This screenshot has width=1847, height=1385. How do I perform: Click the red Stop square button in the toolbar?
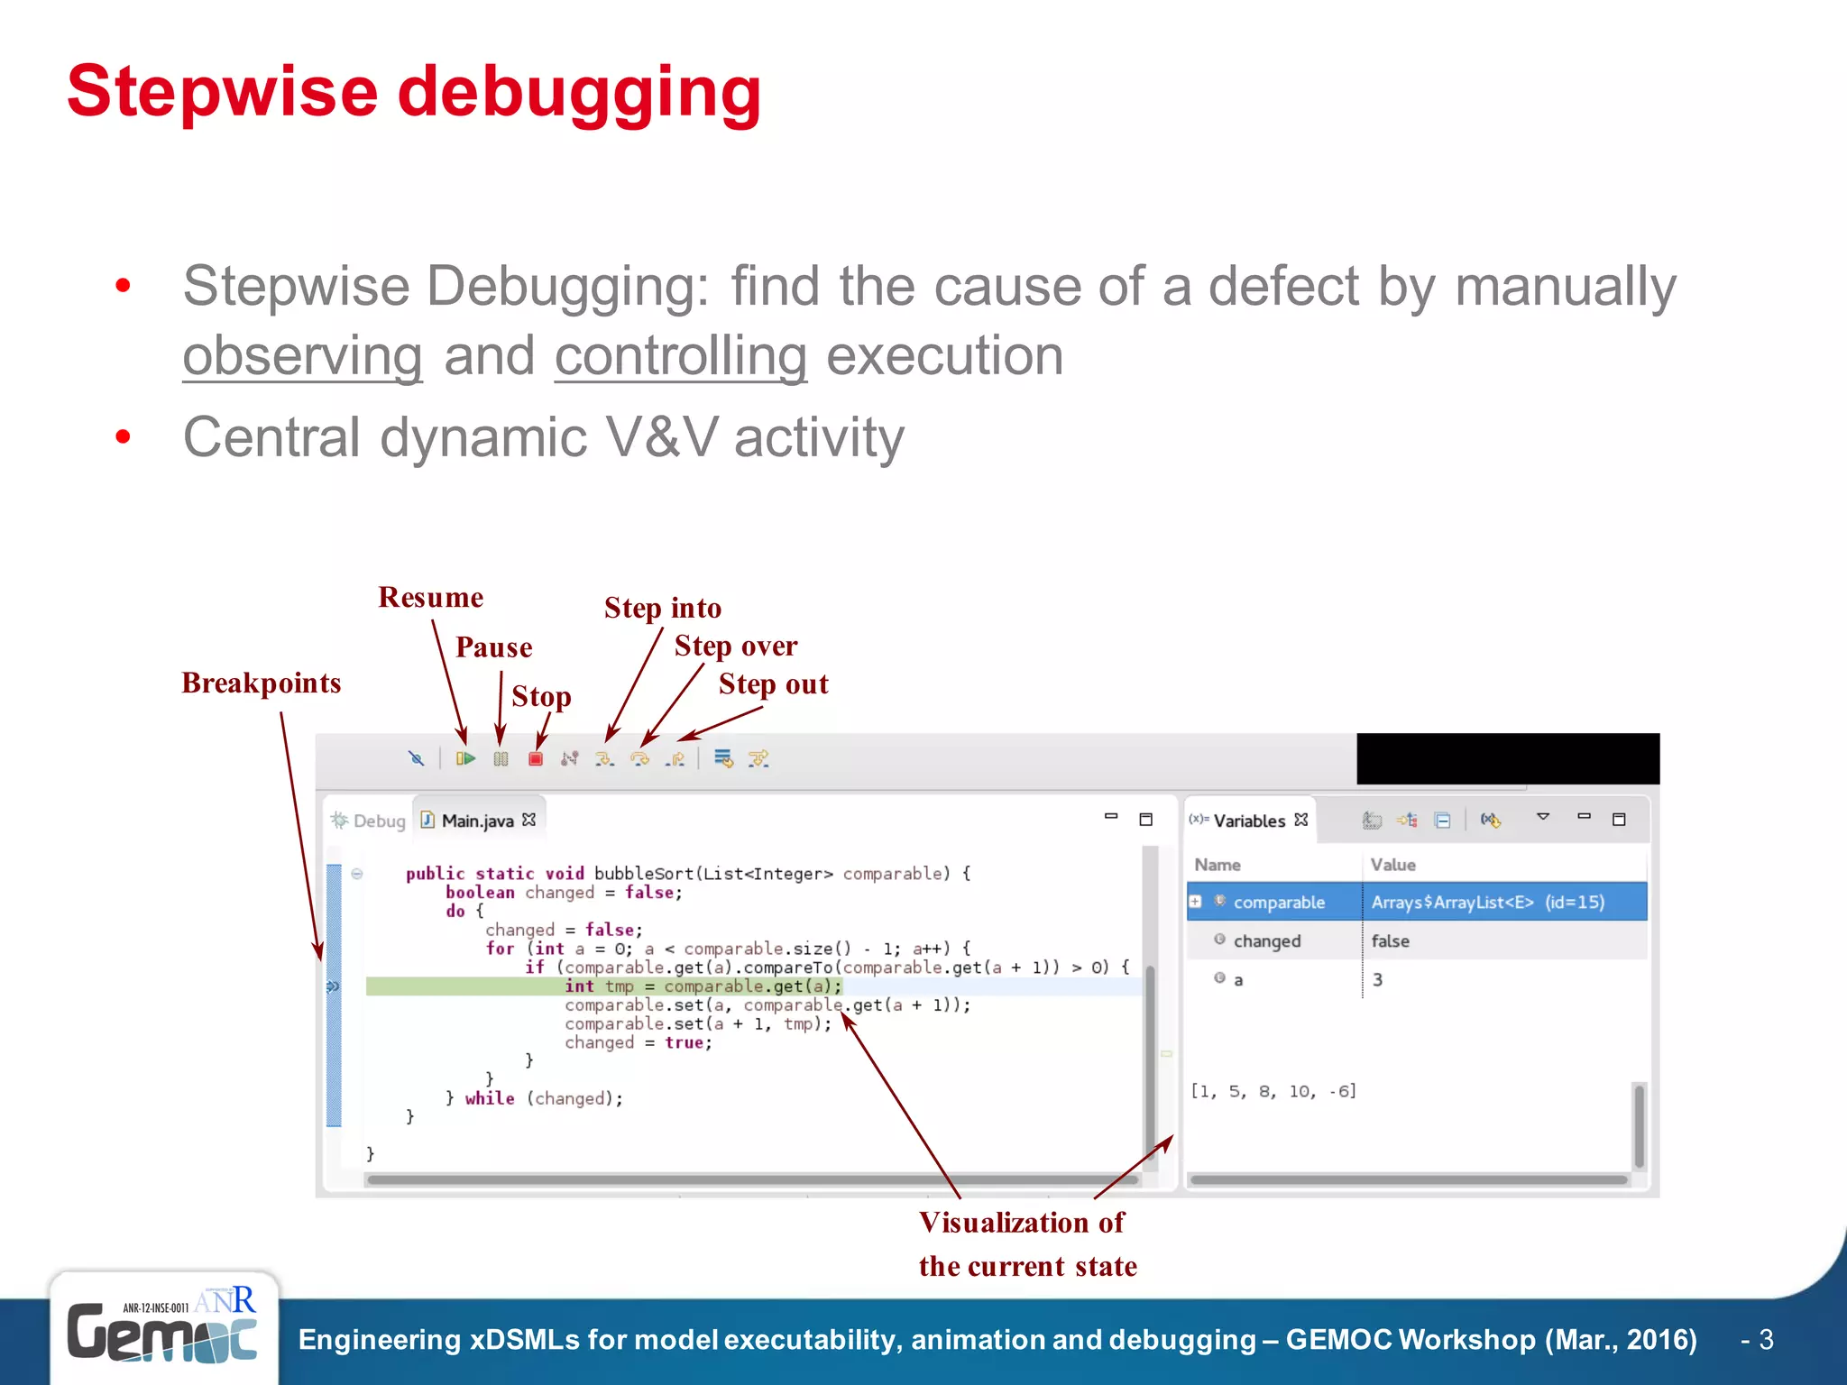click(536, 759)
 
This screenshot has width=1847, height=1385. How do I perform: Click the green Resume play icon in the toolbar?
click(465, 759)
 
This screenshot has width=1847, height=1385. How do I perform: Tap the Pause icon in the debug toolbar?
click(501, 759)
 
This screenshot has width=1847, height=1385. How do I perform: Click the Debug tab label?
click(379, 821)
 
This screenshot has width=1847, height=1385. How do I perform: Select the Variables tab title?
click(1249, 821)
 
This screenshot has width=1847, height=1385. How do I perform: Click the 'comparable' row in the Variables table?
click(1279, 903)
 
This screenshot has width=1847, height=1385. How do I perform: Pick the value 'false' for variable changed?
click(1390, 941)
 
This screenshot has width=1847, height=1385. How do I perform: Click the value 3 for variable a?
click(1377, 980)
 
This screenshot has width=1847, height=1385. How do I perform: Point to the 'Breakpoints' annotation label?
click(262, 683)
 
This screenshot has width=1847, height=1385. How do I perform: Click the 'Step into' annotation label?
click(663, 609)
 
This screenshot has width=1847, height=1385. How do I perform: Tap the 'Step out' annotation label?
click(773, 684)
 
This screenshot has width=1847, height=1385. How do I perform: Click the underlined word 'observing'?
click(302, 356)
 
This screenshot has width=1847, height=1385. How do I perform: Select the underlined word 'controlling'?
click(680, 356)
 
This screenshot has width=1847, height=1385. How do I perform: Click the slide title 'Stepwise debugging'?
click(414, 92)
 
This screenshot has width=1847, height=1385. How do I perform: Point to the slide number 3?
click(1766, 1340)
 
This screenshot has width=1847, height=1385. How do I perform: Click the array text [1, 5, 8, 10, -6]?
click(1273, 1092)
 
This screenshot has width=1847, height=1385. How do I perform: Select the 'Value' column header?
click(1392, 865)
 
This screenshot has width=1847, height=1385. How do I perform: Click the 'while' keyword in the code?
click(490, 1098)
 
